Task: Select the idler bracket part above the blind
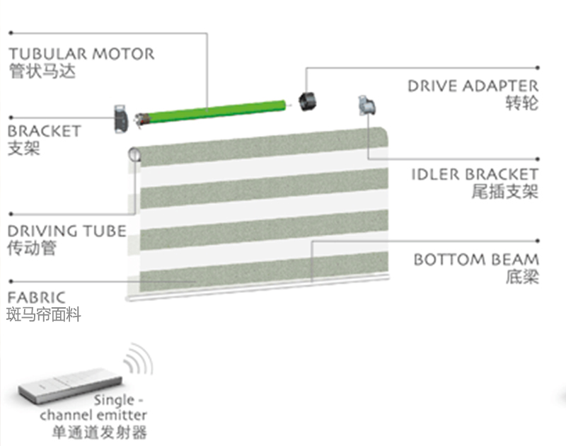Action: point(367,107)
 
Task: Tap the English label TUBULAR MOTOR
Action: point(81,54)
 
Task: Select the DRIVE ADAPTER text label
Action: point(473,86)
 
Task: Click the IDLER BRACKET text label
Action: point(475,174)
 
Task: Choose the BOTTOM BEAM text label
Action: point(476,260)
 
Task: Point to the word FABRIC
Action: point(36,297)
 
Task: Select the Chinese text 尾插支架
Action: point(504,192)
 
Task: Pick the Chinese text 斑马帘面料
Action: point(44,314)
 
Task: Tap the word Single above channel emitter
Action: point(114,399)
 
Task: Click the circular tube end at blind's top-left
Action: point(134,155)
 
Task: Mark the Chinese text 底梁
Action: point(523,277)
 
